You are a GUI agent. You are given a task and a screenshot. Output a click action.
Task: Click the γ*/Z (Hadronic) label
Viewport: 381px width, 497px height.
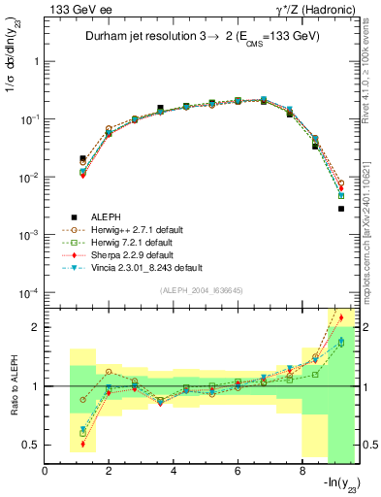(x=316, y=9)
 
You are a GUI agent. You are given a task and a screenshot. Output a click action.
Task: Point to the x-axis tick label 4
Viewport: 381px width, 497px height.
(x=174, y=471)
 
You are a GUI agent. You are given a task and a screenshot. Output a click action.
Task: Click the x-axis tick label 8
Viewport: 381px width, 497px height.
(x=302, y=471)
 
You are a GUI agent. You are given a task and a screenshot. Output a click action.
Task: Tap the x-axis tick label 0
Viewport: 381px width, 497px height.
(x=46, y=471)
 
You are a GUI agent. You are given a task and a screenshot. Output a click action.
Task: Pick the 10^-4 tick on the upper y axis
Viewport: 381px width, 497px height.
(x=29, y=294)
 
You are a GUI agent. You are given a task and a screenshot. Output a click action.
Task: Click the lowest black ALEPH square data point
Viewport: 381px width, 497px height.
(x=341, y=209)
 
